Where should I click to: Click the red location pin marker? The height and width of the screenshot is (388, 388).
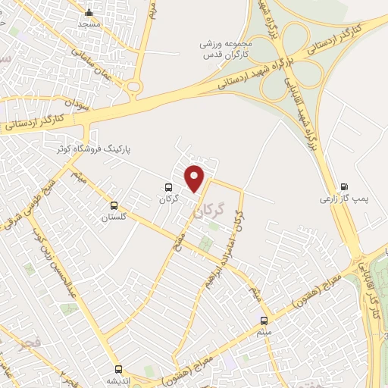pos(196,177)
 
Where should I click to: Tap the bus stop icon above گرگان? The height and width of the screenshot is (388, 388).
pos(168,186)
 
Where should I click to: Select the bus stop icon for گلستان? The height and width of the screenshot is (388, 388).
pos(114,205)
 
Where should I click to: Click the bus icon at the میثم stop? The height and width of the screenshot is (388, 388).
pos(264,320)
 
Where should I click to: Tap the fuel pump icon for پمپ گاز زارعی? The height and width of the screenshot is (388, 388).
pos(346,186)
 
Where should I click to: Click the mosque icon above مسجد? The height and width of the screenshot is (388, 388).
pos(89,12)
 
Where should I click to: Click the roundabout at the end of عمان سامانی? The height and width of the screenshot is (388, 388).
pos(135,87)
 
